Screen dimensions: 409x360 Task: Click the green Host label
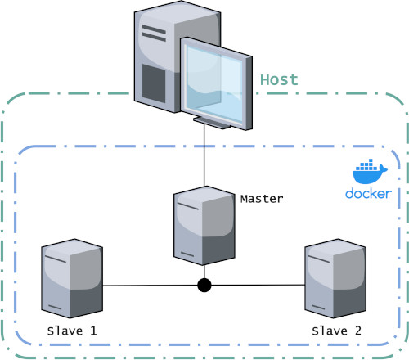(279, 80)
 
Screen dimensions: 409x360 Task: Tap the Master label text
(262, 199)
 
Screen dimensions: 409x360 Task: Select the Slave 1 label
(72, 331)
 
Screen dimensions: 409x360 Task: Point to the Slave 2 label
(337, 331)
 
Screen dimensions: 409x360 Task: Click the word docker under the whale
(368, 193)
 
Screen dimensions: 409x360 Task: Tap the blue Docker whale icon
(370, 171)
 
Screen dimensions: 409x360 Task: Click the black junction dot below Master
(204, 286)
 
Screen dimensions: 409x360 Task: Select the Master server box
(204, 226)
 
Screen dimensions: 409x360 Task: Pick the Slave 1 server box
(72, 278)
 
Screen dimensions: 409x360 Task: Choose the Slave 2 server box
(335, 278)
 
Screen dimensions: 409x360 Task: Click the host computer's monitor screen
(214, 83)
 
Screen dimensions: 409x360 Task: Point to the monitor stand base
(212, 123)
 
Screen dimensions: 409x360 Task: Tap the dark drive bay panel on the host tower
(154, 83)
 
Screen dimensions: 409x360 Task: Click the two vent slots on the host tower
(154, 33)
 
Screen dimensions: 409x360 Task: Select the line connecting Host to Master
(204, 155)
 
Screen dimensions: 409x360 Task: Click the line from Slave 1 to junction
(150, 286)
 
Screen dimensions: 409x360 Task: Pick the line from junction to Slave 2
(258, 285)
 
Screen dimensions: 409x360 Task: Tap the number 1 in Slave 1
(93, 331)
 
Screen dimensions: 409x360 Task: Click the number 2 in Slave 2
(358, 331)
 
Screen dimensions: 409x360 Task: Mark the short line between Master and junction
(204, 272)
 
